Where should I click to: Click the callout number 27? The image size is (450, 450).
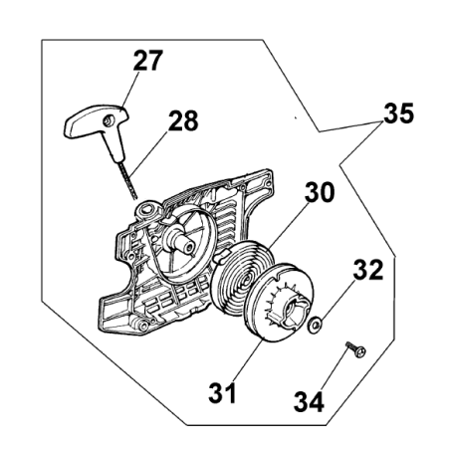click(x=148, y=60)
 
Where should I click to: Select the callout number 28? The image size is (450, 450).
click(x=183, y=120)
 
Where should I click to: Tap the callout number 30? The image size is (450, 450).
click(x=320, y=192)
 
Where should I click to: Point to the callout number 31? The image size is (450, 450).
click(x=222, y=392)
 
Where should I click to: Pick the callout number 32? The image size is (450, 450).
click(x=368, y=270)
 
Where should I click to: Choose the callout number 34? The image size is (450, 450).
click(x=309, y=401)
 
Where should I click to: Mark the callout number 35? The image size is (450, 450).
click(x=399, y=113)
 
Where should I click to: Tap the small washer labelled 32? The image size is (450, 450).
click(x=314, y=325)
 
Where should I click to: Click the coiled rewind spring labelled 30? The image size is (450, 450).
click(x=242, y=274)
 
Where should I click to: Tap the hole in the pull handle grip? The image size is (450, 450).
click(x=109, y=121)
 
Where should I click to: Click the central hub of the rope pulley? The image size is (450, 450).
click(x=294, y=307)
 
